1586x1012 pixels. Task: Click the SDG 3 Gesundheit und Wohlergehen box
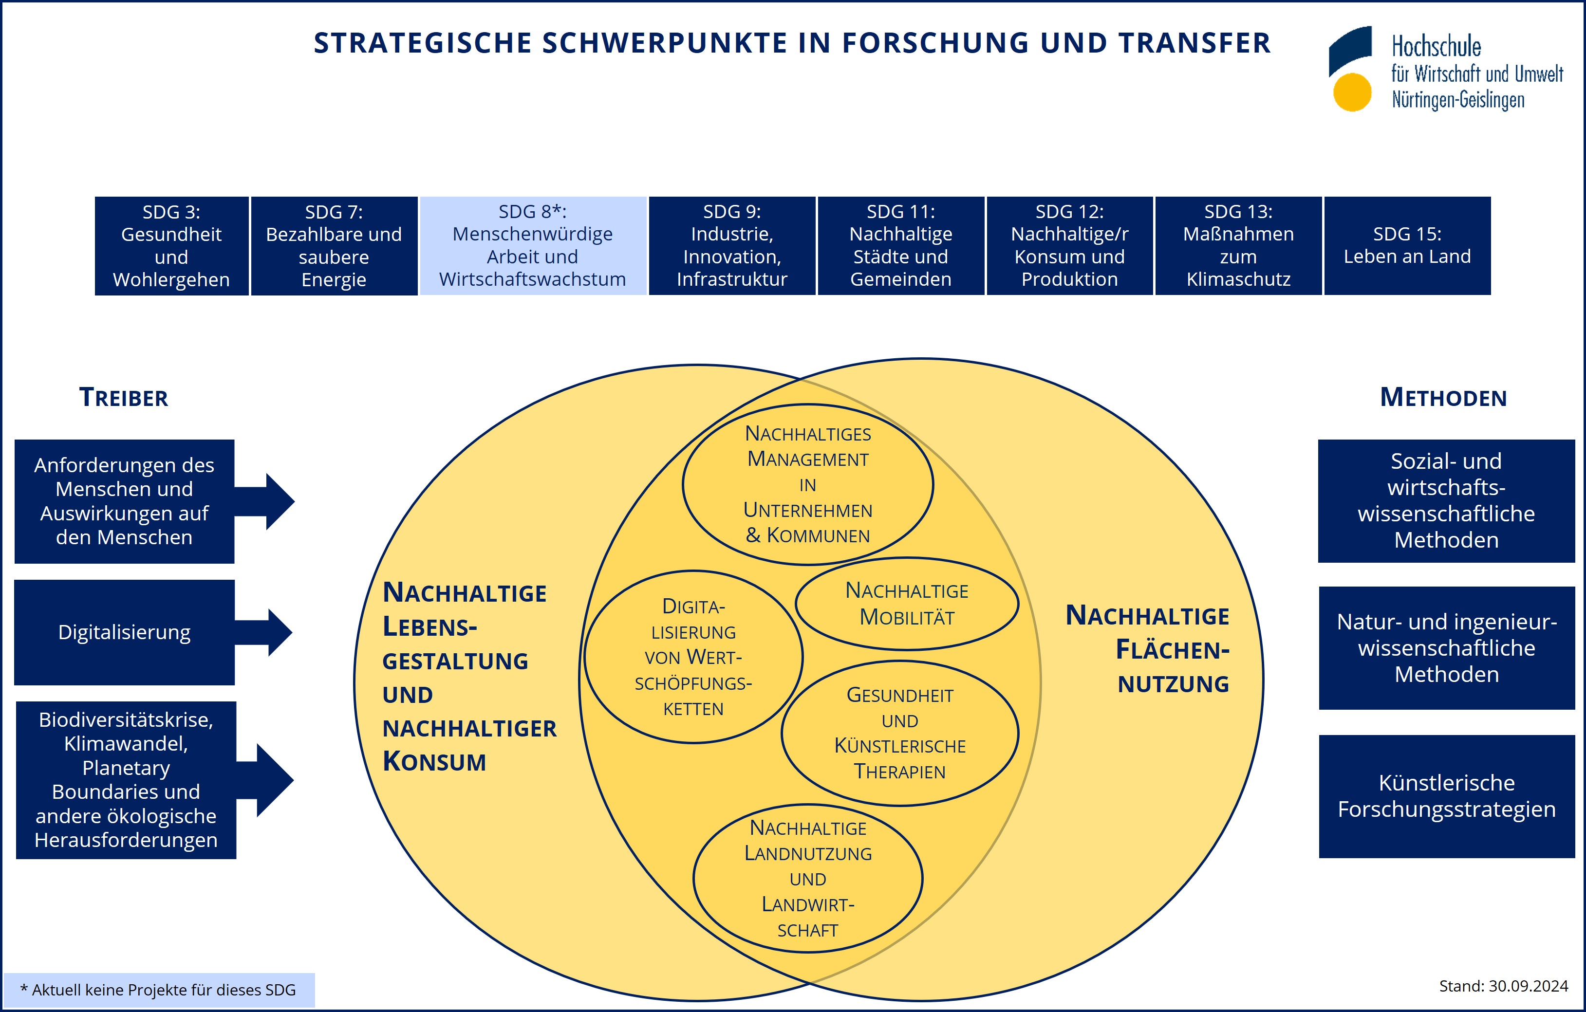click(x=172, y=246)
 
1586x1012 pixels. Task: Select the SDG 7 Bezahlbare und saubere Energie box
click(x=334, y=246)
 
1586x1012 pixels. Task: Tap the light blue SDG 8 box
click(x=533, y=246)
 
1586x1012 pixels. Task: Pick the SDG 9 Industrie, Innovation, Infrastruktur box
click(x=732, y=246)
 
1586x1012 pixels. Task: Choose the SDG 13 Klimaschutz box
click(x=1238, y=246)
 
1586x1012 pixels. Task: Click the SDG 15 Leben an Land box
click(x=1407, y=246)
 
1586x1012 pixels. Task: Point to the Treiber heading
click(x=124, y=398)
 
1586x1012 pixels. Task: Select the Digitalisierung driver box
click(x=125, y=632)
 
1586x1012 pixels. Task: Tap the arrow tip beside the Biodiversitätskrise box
click(x=294, y=781)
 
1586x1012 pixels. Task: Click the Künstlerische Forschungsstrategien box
click(x=1446, y=796)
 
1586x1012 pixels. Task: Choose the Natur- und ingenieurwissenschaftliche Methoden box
click(x=1446, y=648)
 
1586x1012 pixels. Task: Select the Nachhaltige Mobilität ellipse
click(x=907, y=604)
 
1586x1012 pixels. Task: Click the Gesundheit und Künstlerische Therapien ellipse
click(x=900, y=733)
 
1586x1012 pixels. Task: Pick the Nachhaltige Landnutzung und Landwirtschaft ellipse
click(x=808, y=878)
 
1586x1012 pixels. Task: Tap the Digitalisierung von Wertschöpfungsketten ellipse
click(x=693, y=657)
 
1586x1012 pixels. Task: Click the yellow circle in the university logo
click(x=1352, y=92)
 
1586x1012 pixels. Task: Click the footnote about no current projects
click(x=158, y=990)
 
